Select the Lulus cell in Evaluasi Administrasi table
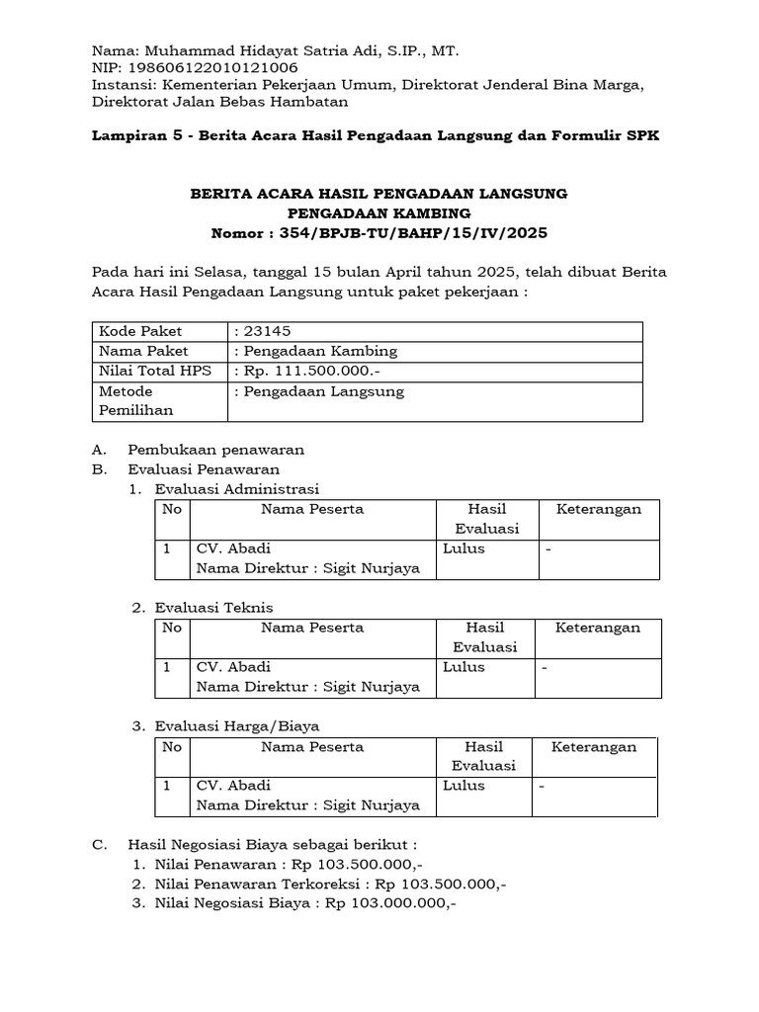pyautogui.click(x=464, y=548)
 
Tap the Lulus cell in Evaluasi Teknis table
pyautogui.click(x=464, y=667)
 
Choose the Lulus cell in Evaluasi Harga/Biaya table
pyautogui.click(x=464, y=786)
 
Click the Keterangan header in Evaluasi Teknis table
pyautogui.click(x=597, y=628)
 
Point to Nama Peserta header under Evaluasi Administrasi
pyautogui.click(x=312, y=509)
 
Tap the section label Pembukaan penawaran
pyautogui.click(x=215, y=450)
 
